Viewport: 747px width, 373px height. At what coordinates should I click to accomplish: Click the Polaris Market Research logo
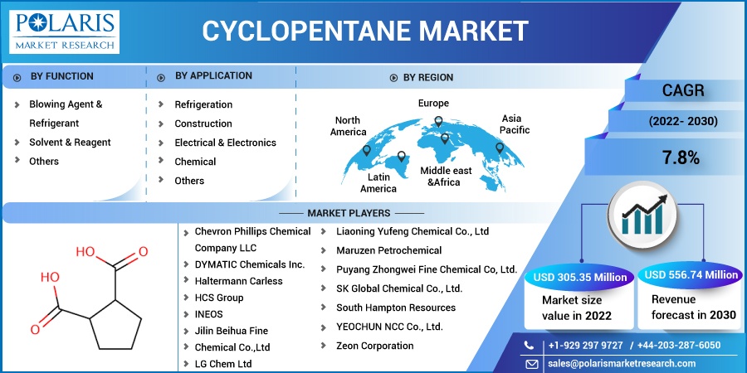point(64,31)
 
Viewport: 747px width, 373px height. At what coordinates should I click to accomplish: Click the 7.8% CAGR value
point(681,158)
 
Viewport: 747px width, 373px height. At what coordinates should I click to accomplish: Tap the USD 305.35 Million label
point(580,278)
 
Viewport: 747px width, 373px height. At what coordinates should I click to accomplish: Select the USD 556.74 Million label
point(691,275)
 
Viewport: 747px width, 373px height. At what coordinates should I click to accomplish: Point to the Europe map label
point(433,104)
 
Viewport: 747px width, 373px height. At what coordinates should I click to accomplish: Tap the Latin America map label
point(378,183)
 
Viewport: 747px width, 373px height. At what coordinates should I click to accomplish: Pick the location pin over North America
point(366,150)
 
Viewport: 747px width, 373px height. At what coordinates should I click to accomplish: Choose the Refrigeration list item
point(203,104)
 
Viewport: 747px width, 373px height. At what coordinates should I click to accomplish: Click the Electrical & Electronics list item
point(225,143)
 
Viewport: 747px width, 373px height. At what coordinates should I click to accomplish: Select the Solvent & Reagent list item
point(70,143)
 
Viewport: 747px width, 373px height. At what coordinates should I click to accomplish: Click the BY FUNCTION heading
point(62,76)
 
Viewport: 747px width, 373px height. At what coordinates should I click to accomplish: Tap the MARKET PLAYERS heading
point(349,213)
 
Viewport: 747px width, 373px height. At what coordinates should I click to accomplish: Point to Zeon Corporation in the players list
point(375,346)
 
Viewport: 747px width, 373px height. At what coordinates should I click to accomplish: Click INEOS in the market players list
point(208,314)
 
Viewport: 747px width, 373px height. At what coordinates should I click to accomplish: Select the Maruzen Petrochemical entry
point(388,250)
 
